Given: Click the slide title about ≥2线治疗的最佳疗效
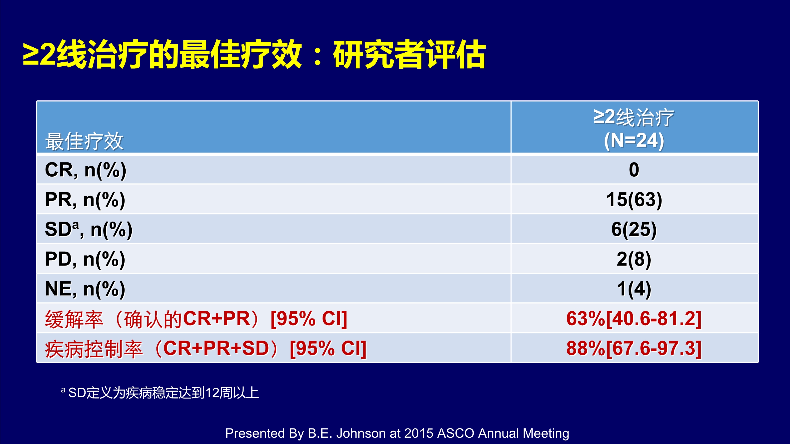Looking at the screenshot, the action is (254, 54).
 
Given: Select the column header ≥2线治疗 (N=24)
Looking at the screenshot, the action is (634, 129).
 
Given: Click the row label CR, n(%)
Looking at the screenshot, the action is (86, 170).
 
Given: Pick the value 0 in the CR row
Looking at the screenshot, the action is (634, 170).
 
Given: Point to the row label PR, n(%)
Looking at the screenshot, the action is (85, 200).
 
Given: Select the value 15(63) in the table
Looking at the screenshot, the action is (634, 200).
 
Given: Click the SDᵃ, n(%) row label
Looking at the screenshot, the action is (89, 230).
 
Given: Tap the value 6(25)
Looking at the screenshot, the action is (634, 230).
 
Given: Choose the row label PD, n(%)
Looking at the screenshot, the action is (85, 259).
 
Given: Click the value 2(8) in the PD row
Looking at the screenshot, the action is (634, 259).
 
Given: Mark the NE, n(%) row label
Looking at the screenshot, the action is (85, 289).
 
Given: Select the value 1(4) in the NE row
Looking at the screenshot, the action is (634, 289).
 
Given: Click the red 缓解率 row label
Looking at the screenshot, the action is (196, 319).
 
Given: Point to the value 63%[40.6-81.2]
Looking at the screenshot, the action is (634, 319).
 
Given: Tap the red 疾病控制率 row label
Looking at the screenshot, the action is (205, 349).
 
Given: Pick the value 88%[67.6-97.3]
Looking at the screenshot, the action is (634, 348).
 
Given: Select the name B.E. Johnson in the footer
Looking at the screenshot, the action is (347, 433).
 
